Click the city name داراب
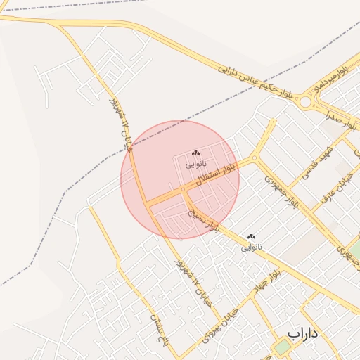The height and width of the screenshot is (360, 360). [303, 332]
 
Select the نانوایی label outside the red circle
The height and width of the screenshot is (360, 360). [252, 247]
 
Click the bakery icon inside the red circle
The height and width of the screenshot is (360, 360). [195, 153]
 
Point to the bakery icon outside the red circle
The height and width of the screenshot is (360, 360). [252, 237]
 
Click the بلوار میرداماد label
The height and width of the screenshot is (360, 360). [331, 78]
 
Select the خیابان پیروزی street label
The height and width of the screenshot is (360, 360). [221, 319]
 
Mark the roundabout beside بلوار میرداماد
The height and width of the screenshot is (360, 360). [306, 103]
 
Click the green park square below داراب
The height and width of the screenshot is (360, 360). [282, 347]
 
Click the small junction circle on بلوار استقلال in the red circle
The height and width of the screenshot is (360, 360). [182, 189]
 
